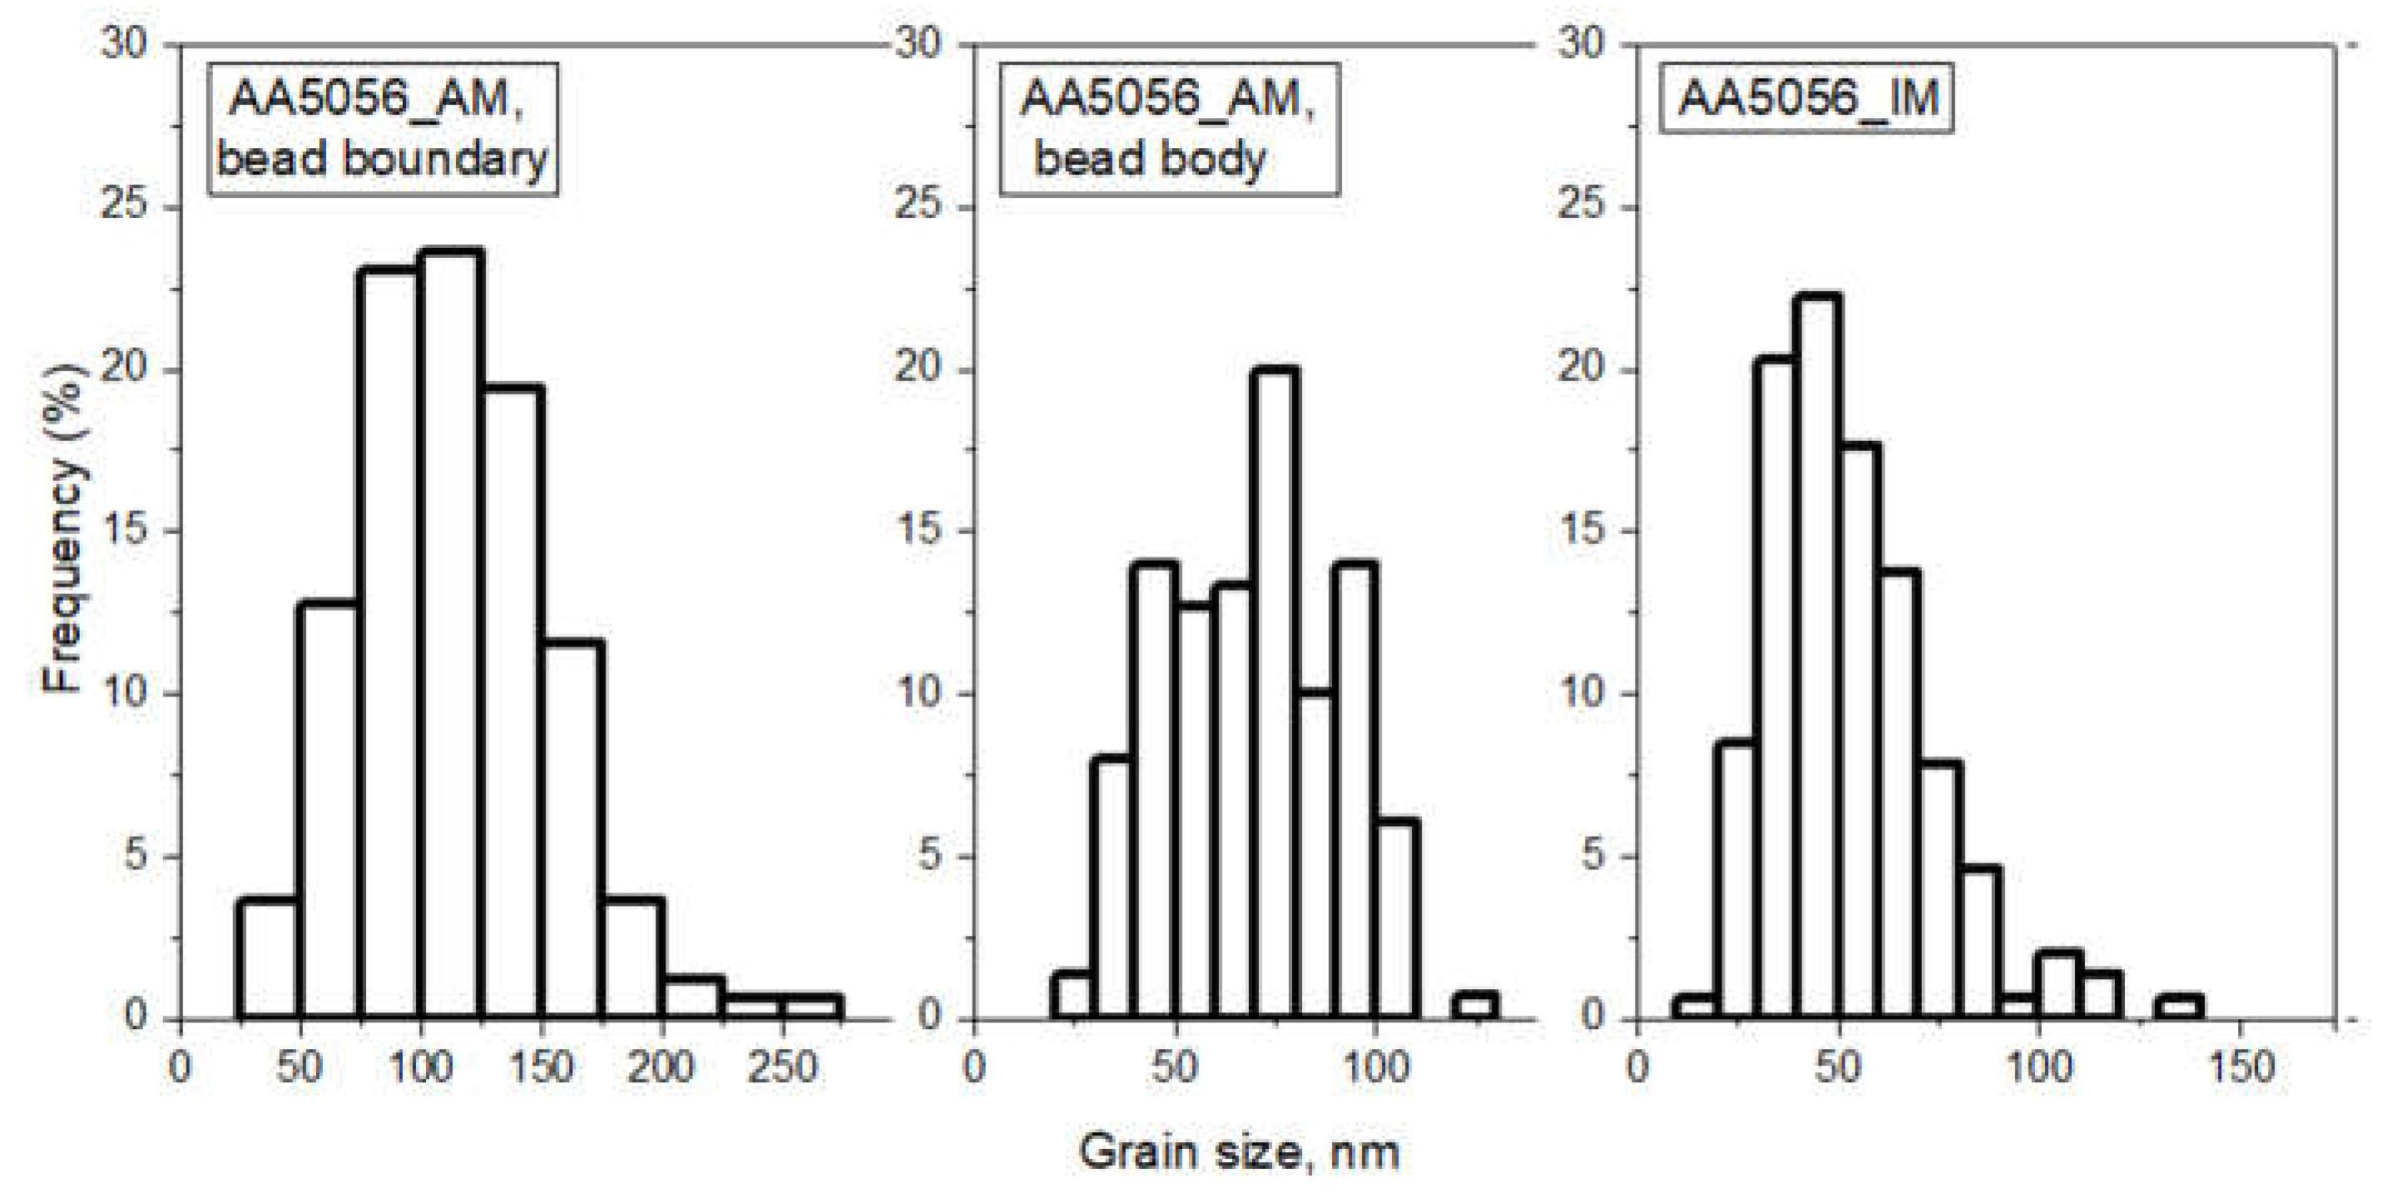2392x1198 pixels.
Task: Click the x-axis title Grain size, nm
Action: [x=1239, y=1152]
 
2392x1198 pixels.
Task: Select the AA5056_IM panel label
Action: [x=1807, y=97]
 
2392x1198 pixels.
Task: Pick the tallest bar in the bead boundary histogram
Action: [x=450, y=631]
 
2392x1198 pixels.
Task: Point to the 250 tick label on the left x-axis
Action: [x=782, y=1068]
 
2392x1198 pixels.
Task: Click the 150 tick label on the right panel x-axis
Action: [x=2240, y=1068]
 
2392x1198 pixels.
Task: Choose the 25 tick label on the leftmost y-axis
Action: [x=126, y=206]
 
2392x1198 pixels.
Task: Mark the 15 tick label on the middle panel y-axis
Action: [x=919, y=532]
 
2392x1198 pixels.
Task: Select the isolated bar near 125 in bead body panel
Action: [x=1474, y=1007]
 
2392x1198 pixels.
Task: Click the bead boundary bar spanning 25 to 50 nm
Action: [x=267, y=961]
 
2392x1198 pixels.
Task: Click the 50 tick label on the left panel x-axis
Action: [x=299, y=1068]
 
